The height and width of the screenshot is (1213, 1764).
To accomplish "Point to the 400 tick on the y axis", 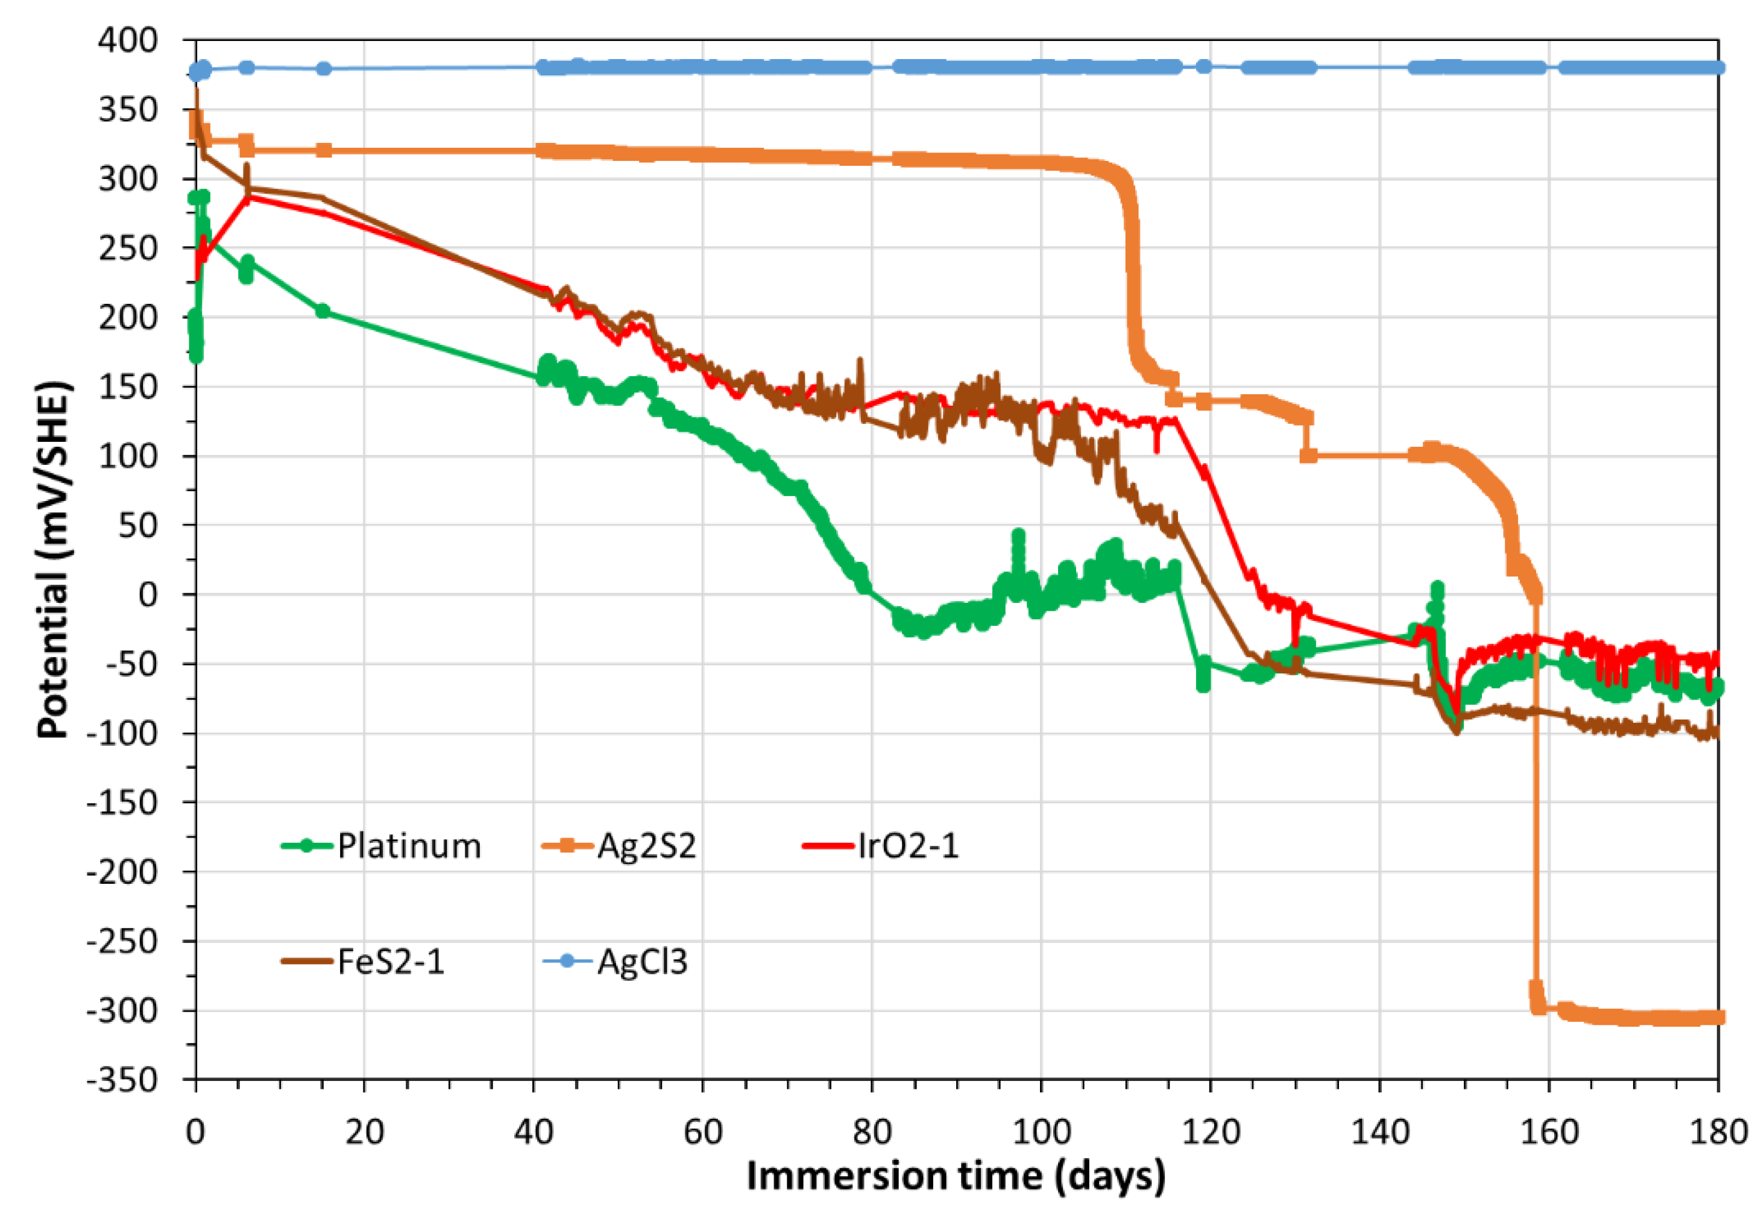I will point(128,40).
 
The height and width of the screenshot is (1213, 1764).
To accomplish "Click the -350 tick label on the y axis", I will point(122,1079).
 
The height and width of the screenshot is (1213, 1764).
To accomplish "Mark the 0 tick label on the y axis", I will point(148,594).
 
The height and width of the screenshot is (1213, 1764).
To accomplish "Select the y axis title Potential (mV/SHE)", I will point(53,559).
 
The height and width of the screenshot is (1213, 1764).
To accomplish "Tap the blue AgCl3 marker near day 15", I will point(324,68).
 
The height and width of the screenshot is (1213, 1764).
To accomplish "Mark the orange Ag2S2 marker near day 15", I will point(324,150).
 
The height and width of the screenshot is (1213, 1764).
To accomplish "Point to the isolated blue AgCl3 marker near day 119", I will point(1203,66).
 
